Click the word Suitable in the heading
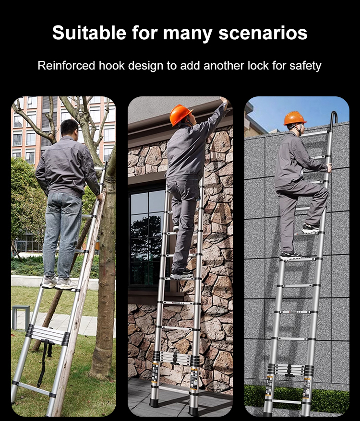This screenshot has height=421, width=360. click(x=89, y=33)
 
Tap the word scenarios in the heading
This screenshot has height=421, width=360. click(x=263, y=33)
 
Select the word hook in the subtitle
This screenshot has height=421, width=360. click(x=111, y=66)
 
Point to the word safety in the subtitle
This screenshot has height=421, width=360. click(x=305, y=66)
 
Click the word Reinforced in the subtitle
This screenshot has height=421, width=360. click(x=66, y=66)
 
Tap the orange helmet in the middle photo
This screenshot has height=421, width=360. click(x=180, y=114)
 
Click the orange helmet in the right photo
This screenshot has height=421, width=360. click(x=295, y=118)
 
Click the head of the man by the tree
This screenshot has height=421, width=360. click(x=70, y=128)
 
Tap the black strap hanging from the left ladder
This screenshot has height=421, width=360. click(x=43, y=363)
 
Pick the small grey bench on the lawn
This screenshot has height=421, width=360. click(x=21, y=317)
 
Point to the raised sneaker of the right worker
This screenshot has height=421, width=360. click(x=311, y=228)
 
